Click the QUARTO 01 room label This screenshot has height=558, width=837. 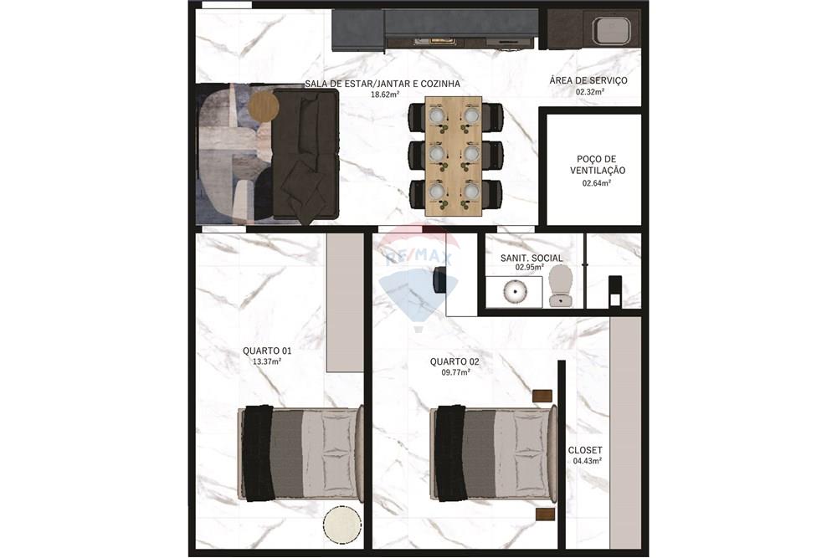(x=266, y=351)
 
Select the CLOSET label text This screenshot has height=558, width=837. (x=585, y=450)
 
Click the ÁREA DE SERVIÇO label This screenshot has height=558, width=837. (x=588, y=80)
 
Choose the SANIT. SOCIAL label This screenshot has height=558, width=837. (x=531, y=258)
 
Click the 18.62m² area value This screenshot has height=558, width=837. (x=386, y=95)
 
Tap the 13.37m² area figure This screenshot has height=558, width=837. (x=266, y=361)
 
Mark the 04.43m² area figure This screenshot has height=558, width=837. (x=586, y=461)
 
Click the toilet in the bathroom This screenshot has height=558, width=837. (x=561, y=284)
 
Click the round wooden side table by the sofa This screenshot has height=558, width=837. (x=264, y=106)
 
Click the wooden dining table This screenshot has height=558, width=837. (x=454, y=156)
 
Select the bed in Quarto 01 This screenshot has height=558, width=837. (x=301, y=453)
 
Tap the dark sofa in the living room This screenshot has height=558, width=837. (x=306, y=155)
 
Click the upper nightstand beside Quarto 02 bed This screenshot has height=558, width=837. (x=542, y=396)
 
